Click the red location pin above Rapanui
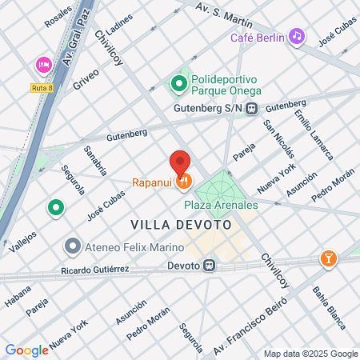point(181,162)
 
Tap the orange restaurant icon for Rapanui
point(185,182)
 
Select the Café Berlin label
point(257,38)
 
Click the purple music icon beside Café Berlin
point(297,36)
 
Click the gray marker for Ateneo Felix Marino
point(73,245)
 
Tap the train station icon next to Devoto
point(209,266)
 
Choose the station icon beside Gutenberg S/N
point(251,110)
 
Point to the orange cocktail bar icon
point(328,258)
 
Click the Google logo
point(26,350)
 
